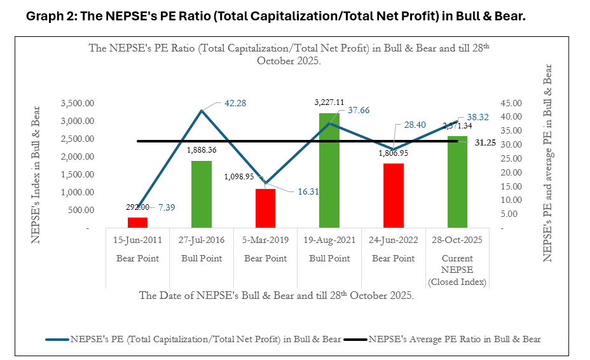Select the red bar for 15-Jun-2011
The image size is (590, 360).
coord(137,222)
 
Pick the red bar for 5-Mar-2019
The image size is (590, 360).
coord(265,208)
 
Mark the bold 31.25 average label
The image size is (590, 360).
coord(486,142)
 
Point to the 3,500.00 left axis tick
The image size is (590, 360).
coord(76,103)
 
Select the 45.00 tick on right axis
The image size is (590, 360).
coord(509,103)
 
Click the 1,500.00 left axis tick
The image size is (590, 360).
coord(76,174)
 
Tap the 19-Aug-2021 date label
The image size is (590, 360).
coord(329,240)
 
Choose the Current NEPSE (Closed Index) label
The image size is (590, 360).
coord(457,270)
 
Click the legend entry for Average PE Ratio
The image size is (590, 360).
coord(455,338)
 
